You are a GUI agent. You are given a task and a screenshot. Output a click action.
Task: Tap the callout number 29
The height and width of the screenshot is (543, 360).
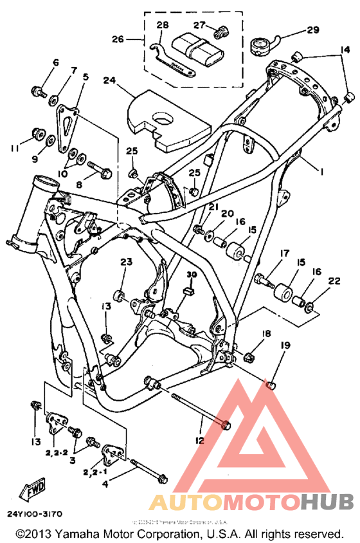(x=312, y=30)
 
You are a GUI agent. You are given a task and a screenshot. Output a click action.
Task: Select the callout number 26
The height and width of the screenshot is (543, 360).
(x=118, y=39)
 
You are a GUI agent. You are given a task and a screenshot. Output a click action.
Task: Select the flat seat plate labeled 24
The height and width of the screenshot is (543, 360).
(x=169, y=120)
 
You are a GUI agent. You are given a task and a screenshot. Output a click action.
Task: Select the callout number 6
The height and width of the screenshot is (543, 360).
(x=55, y=63)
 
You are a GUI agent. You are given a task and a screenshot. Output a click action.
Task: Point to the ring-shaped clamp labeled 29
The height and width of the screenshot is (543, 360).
(x=262, y=47)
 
